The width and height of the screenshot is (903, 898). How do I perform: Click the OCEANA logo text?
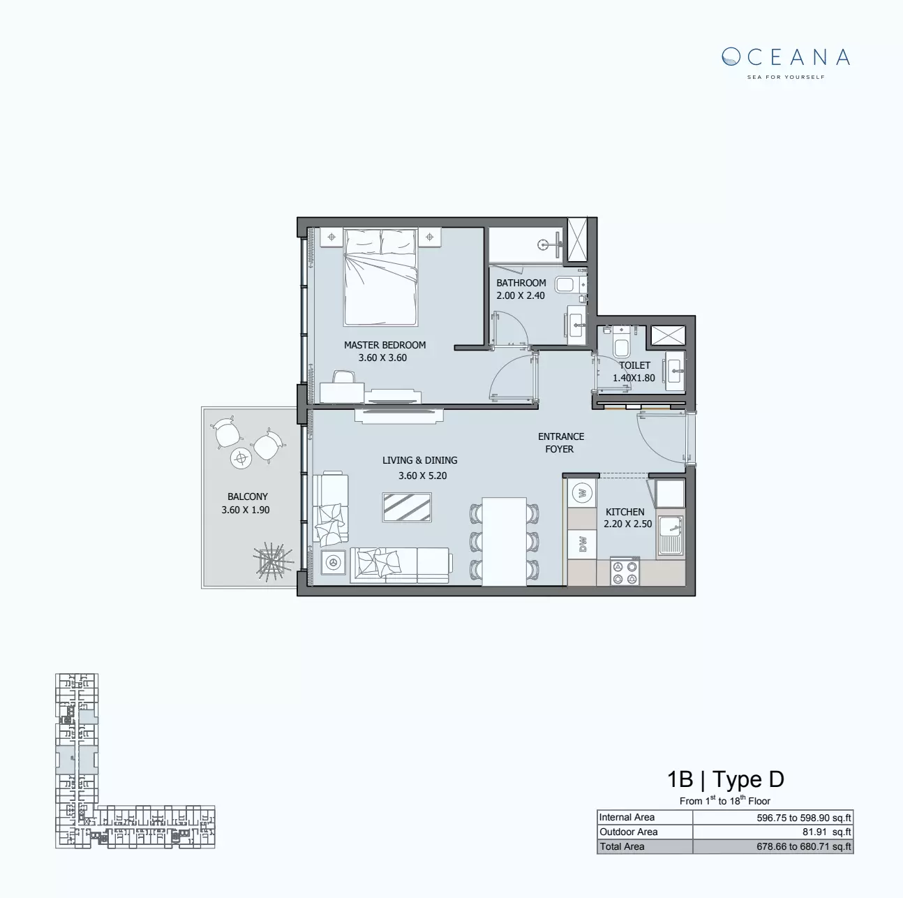tap(786, 57)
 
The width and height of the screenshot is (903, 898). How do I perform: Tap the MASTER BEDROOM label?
tap(385, 345)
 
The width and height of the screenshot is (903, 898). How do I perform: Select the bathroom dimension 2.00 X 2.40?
tap(521, 295)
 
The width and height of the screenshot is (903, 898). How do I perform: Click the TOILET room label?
tap(634, 365)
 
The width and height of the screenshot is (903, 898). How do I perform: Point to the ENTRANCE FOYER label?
tap(560, 443)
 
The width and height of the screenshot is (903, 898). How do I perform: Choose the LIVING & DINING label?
tap(419, 460)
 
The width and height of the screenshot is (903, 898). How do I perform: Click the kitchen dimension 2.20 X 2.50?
tap(627, 524)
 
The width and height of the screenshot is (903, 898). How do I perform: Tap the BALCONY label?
tap(247, 496)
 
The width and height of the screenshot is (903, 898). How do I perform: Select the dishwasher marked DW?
tap(582, 543)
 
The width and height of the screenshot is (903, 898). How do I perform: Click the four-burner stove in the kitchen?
tap(625, 571)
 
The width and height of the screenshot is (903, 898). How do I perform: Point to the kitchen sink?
tap(670, 535)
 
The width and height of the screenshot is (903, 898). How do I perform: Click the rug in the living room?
tap(407, 507)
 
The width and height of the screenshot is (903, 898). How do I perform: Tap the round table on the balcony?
tap(241, 459)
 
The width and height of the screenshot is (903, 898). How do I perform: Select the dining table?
tap(504, 541)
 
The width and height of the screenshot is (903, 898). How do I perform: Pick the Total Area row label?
tap(622, 846)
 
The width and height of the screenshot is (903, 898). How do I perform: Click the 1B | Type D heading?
tap(725, 779)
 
